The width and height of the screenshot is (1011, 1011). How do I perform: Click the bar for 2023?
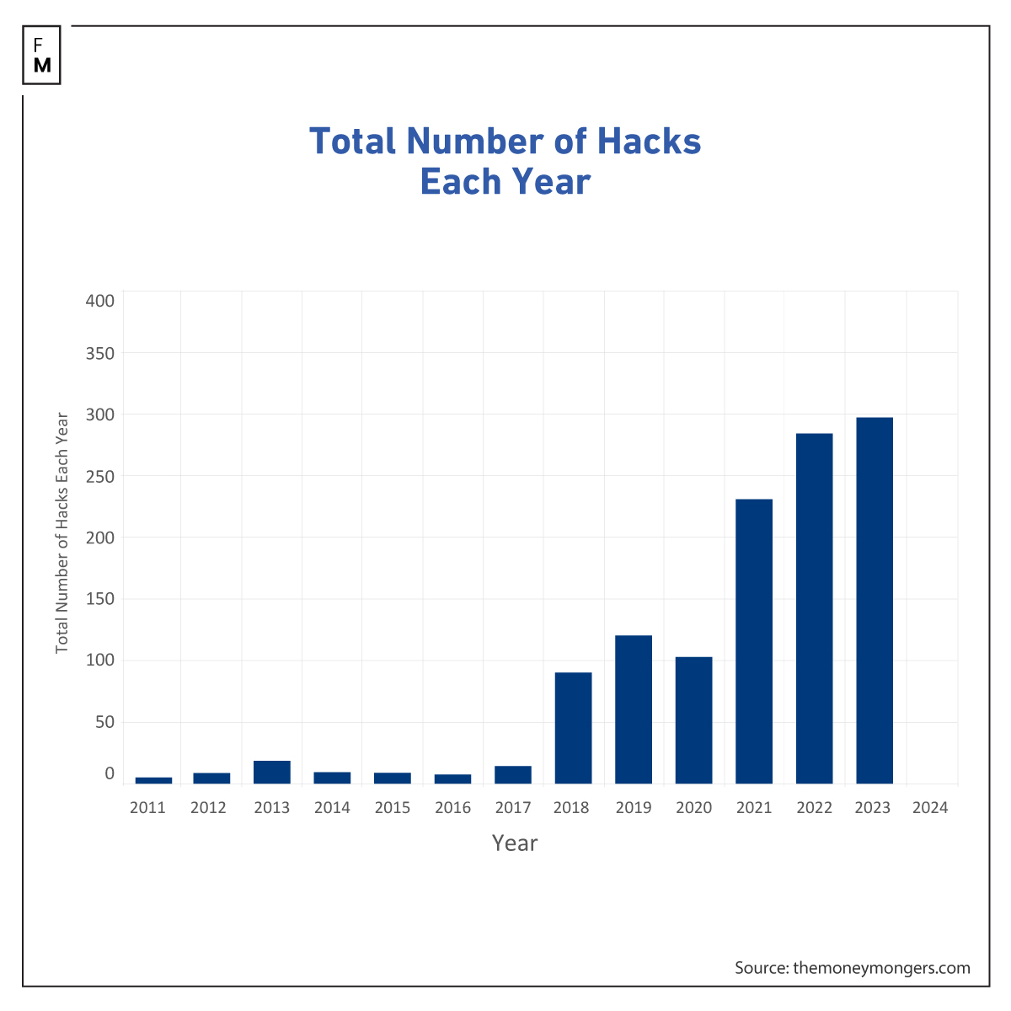875,601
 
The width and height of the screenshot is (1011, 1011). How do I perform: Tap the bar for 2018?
573,728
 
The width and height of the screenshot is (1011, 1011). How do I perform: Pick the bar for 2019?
634,709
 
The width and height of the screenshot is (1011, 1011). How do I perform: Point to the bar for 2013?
272,773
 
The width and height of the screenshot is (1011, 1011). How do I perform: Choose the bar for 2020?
693,720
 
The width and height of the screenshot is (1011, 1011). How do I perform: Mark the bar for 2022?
814,608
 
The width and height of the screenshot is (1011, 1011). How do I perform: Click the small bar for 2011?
153,780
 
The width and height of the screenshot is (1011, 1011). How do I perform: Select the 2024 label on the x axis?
930,808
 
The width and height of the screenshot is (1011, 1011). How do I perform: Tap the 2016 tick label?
452,808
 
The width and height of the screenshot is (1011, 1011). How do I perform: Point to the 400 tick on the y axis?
100,301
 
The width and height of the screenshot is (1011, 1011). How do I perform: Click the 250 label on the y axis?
100,476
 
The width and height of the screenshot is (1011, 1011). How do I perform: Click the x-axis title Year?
515,843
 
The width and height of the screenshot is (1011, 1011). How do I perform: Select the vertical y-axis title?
62,532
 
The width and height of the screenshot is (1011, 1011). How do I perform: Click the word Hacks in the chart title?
649,142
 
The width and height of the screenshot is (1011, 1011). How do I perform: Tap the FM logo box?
42,55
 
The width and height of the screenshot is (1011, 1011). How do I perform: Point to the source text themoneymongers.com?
881,968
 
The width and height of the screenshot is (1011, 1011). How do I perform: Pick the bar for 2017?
513,775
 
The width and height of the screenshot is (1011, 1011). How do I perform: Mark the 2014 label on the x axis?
332,808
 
